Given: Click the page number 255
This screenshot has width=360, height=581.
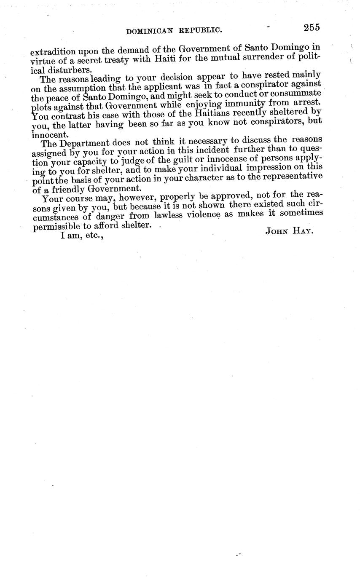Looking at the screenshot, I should tap(311, 27).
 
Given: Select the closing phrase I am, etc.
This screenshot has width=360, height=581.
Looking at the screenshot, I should tap(82, 236).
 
